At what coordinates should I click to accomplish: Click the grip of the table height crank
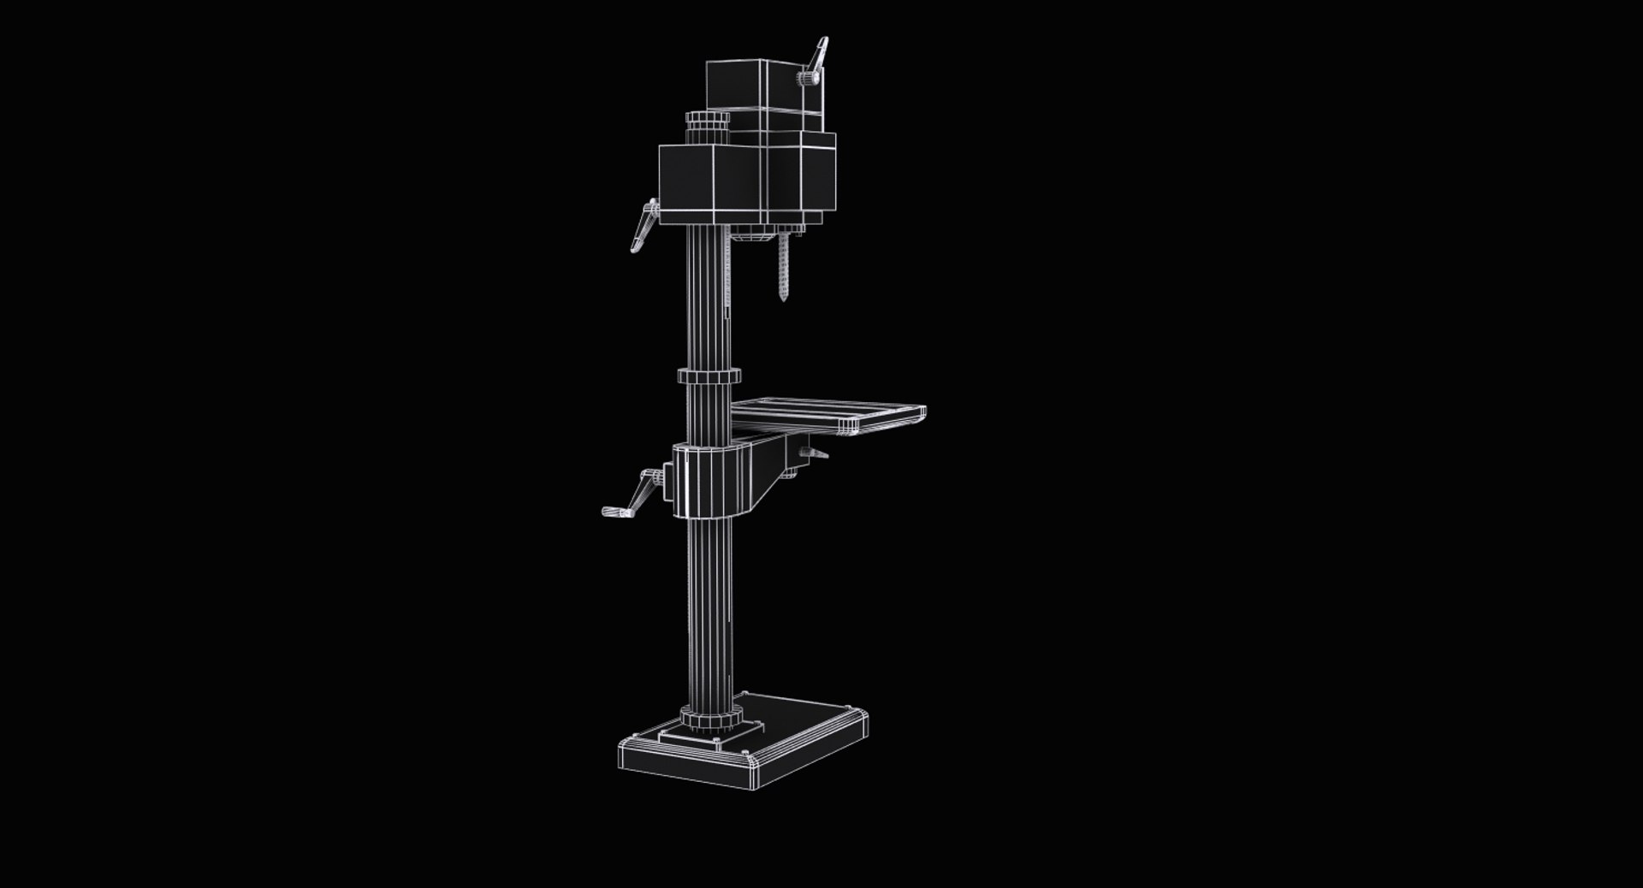(614, 512)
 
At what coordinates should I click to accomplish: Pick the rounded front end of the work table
(921, 414)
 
